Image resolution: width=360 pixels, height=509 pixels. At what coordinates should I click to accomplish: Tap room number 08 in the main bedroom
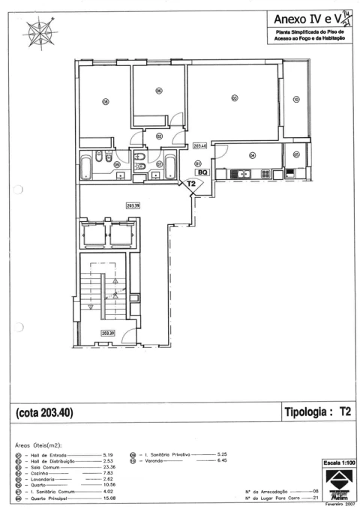(x=106, y=103)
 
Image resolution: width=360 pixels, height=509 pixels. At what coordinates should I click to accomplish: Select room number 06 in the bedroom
(x=159, y=90)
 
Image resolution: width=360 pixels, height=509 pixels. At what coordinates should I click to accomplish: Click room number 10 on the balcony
(x=295, y=99)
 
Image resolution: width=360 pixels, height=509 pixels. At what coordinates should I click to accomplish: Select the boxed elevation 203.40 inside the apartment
(x=199, y=147)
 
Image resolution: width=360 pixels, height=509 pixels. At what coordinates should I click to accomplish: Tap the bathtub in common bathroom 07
(x=170, y=163)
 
